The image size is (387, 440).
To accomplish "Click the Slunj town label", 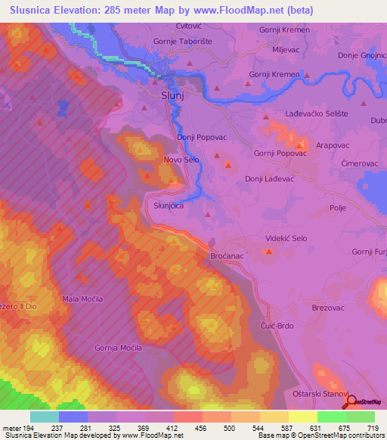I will [173, 97].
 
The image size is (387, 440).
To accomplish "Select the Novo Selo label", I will [181, 160].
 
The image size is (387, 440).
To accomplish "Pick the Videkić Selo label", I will [286, 238].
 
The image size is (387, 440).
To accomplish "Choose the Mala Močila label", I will [82, 299].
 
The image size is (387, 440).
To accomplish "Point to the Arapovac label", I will [332, 144].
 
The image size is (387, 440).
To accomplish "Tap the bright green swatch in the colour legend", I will [331, 417].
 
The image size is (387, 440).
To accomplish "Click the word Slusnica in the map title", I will [33, 10].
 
